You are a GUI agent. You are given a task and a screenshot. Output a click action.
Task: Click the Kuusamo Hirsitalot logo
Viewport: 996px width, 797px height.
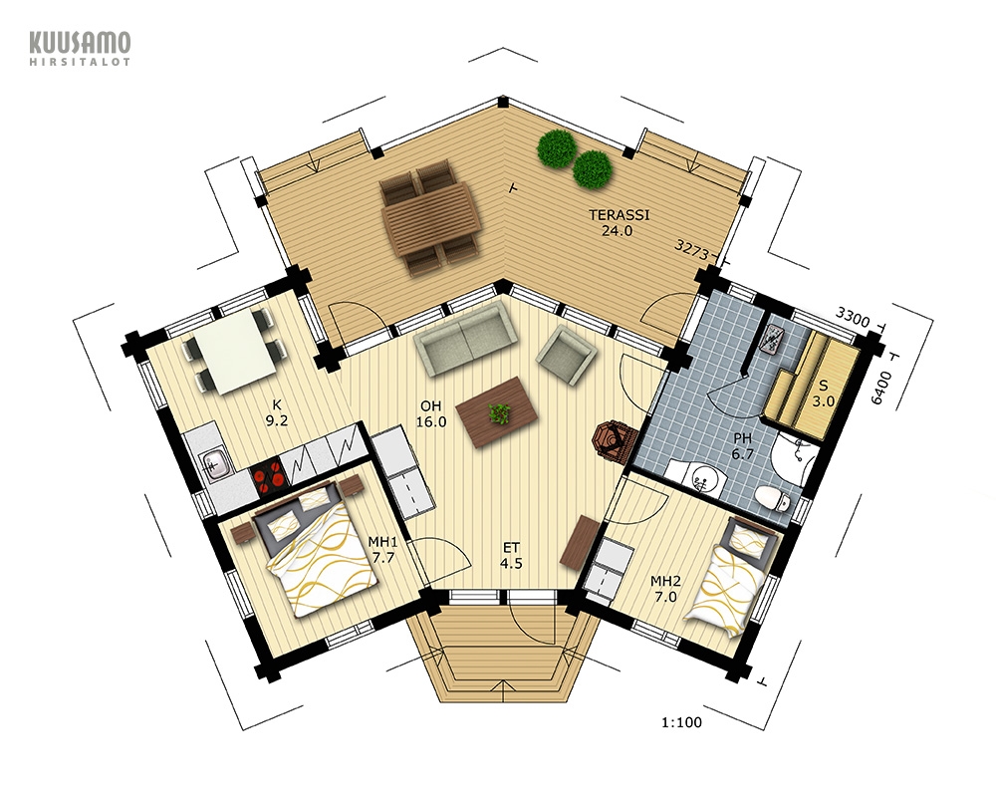tap(80, 49)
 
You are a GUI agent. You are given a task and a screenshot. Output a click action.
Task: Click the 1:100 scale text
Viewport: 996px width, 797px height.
tap(681, 722)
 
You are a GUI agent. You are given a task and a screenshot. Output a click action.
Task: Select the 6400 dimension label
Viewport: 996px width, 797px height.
tap(881, 388)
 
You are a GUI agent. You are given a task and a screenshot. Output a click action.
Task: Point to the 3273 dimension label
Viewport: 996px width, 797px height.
tap(692, 249)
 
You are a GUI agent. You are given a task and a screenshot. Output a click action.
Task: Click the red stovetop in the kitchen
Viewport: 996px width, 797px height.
tap(268, 473)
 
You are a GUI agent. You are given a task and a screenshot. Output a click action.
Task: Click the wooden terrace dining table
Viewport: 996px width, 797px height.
tap(429, 216)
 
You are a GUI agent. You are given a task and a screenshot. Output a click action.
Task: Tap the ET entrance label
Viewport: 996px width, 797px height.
tap(511, 555)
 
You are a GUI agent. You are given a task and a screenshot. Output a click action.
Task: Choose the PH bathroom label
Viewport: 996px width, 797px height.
tap(742, 446)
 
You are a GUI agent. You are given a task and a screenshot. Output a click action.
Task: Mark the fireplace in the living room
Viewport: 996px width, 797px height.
tap(613, 441)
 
